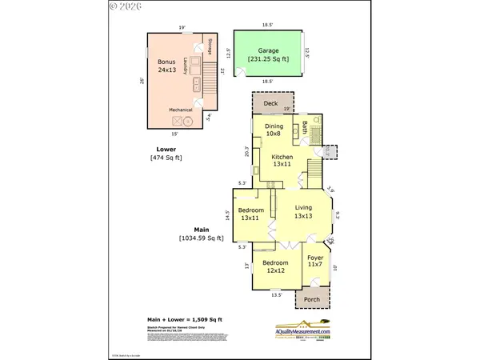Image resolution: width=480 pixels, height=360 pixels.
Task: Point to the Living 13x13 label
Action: tap(302, 212)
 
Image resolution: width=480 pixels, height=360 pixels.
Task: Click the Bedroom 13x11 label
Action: tap(250, 214)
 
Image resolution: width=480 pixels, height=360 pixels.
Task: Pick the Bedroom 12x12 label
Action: tap(276, 266)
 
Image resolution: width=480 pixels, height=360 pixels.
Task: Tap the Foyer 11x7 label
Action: tap(315, 261)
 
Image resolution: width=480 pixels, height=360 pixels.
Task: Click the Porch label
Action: tap(311, 300)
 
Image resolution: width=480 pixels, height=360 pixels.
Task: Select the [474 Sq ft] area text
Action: tap(166, 158)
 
